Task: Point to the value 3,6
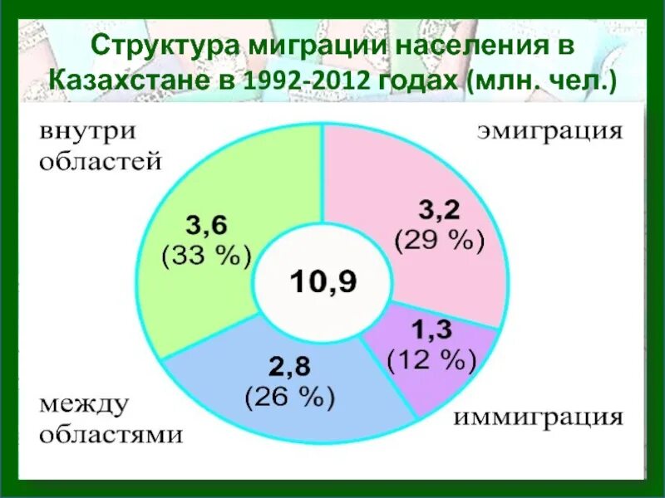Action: tap(206, 225)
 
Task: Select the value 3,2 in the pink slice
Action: tap(438, 210)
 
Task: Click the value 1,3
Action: tap(431, 331)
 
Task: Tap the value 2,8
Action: tap(288, 366)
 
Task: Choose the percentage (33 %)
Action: tap(206, 255)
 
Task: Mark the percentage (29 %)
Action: tap(438, 240)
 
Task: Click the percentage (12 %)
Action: tap(431, 361)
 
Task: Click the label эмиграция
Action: tap(549, 132)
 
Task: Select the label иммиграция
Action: tap(538, 416)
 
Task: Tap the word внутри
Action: tap(87, 132)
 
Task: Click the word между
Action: tap(83, 406)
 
